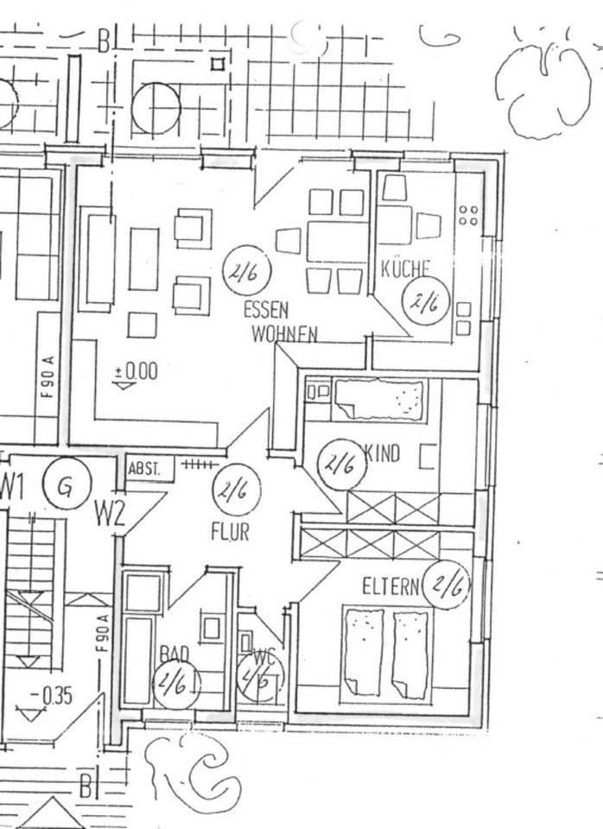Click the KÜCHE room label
405,268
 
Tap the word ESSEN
265,310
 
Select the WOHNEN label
284,333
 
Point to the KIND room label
383,453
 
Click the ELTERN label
390,587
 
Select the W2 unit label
110,516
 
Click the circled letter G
66,487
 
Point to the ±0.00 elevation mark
136,371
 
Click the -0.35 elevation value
52,696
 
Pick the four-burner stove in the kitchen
468,215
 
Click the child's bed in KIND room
380,399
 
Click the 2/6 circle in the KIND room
340,463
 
